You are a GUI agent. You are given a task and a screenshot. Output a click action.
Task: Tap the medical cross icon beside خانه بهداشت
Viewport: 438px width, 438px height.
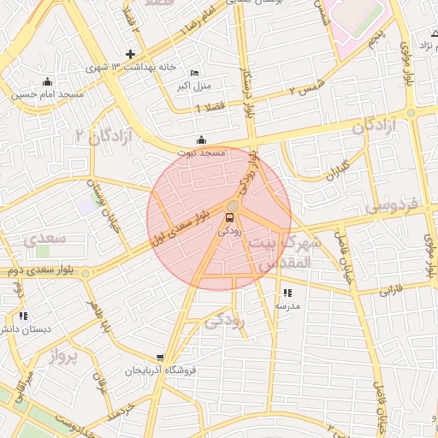coord(130,54)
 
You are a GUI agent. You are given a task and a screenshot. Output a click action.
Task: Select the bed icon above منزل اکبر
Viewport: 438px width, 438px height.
coord(194,73)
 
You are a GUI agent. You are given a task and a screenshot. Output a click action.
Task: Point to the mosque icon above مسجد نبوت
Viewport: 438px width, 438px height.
coord(201,139)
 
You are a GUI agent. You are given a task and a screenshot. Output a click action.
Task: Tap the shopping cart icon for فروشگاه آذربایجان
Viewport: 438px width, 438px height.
coord(160,358)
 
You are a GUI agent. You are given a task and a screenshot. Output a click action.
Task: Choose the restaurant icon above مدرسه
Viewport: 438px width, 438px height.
coord(286,293)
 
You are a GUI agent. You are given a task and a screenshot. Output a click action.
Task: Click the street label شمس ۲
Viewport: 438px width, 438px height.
coord(310,85)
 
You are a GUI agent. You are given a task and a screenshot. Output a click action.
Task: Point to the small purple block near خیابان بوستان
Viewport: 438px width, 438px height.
coord(86,205)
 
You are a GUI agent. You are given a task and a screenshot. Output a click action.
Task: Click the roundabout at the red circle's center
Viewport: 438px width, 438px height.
coord(232,204)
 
